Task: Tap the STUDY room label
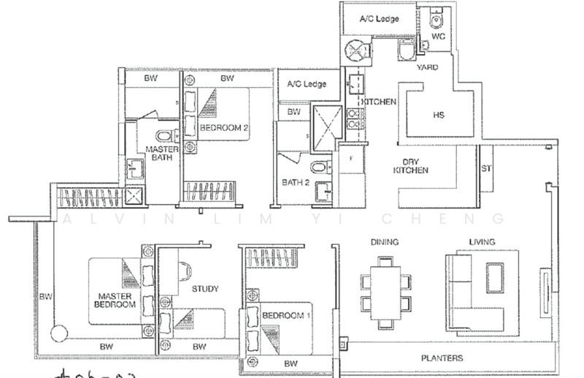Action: pos(205,289)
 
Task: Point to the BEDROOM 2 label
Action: pos(225,128)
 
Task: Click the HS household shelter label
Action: pos(438,116)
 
